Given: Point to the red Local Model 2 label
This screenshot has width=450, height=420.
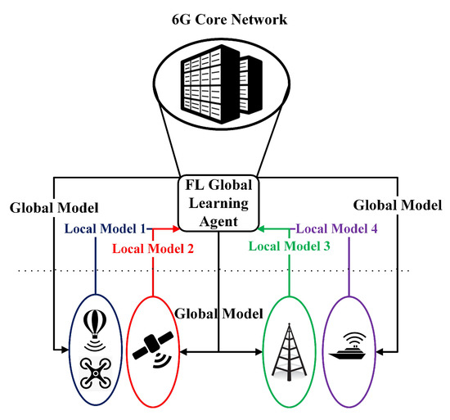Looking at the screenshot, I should [x=153, y=249].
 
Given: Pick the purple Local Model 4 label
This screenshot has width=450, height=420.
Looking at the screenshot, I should [x=336, y=230].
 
